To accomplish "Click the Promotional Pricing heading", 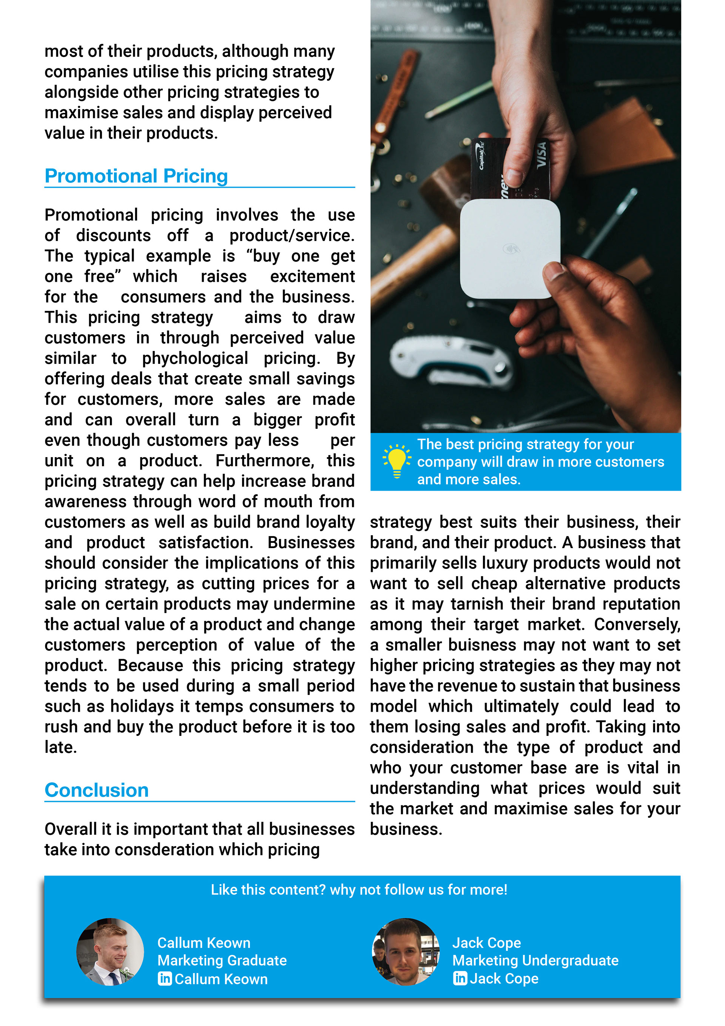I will pyautogui.click(x=136, y=176).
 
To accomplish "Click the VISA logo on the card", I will pyautogui.click(x=541, y=155).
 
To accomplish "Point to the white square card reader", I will pyautogui.click(x=510, y=249).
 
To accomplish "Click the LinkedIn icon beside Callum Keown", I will pyautogui.click(x=164, y=979).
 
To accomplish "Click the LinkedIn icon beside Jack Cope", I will pyautogui.click(x=460, y=978).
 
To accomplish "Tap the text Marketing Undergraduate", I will pyautogui.click(x=535, y=960).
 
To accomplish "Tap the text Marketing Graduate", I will pyautogui.click(x=222, y=960).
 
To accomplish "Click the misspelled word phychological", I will pyautogui.click(x=195, y=358).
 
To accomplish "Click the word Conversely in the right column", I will pyautogui.click(x=637, y=624).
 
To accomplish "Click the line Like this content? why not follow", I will pyautogui.click(x=359, y=890).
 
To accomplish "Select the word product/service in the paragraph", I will pyautogui.click(x=292, y=235).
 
